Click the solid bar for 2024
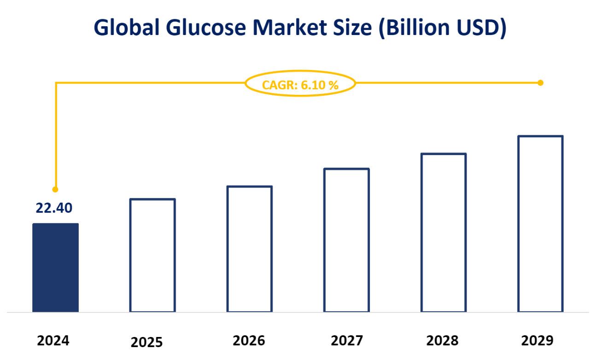[55, 268]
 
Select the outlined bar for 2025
[152, 255]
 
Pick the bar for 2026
[249, 249]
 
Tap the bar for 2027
[346, 240]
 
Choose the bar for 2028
[443, 232]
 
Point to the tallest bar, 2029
[540, 224]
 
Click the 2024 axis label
[53, 341]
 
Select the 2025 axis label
[147, 343]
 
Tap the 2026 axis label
[249, 341]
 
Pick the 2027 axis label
[346, 341]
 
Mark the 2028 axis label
[443, 341]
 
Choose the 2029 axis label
[537, 341]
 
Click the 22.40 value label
[54, 208]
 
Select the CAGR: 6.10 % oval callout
[300, 84]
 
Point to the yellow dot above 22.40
[55, 189]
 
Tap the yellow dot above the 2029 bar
[541, 83]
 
